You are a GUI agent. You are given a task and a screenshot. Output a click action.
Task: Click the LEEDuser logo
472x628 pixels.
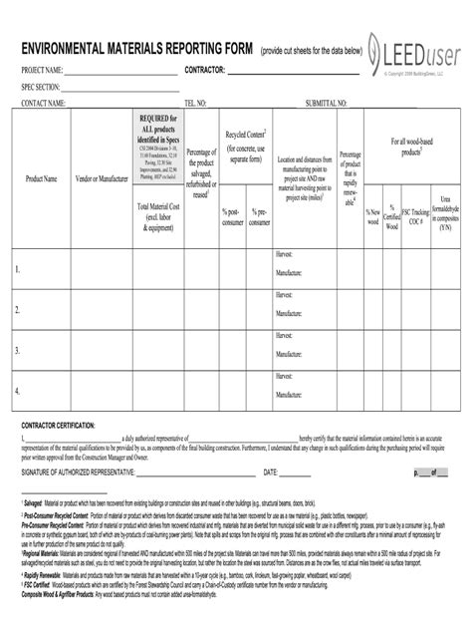pyautogui.click(x=411, y=50)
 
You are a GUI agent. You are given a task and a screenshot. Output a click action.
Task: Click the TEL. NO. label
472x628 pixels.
pyautogui.click(x=195, y=103)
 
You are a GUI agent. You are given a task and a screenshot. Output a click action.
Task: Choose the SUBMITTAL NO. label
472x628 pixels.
pyautogui.click(x=327, y=103)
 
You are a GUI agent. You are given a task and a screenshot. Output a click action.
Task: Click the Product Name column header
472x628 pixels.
pyautogui.click(x=41, y=178)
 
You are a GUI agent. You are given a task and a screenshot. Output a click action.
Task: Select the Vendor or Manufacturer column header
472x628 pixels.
pyautogui.click(x=102, y=178)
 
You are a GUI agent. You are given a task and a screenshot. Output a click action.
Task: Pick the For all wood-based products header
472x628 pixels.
pyautogui.click(x=411, y=148)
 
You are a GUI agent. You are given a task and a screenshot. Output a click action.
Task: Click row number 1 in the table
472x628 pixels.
pyautogui.click(x=17, y=269)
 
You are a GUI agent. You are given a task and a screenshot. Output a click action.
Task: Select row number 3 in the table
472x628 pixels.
pyautogui.click(x=17, y=350)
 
